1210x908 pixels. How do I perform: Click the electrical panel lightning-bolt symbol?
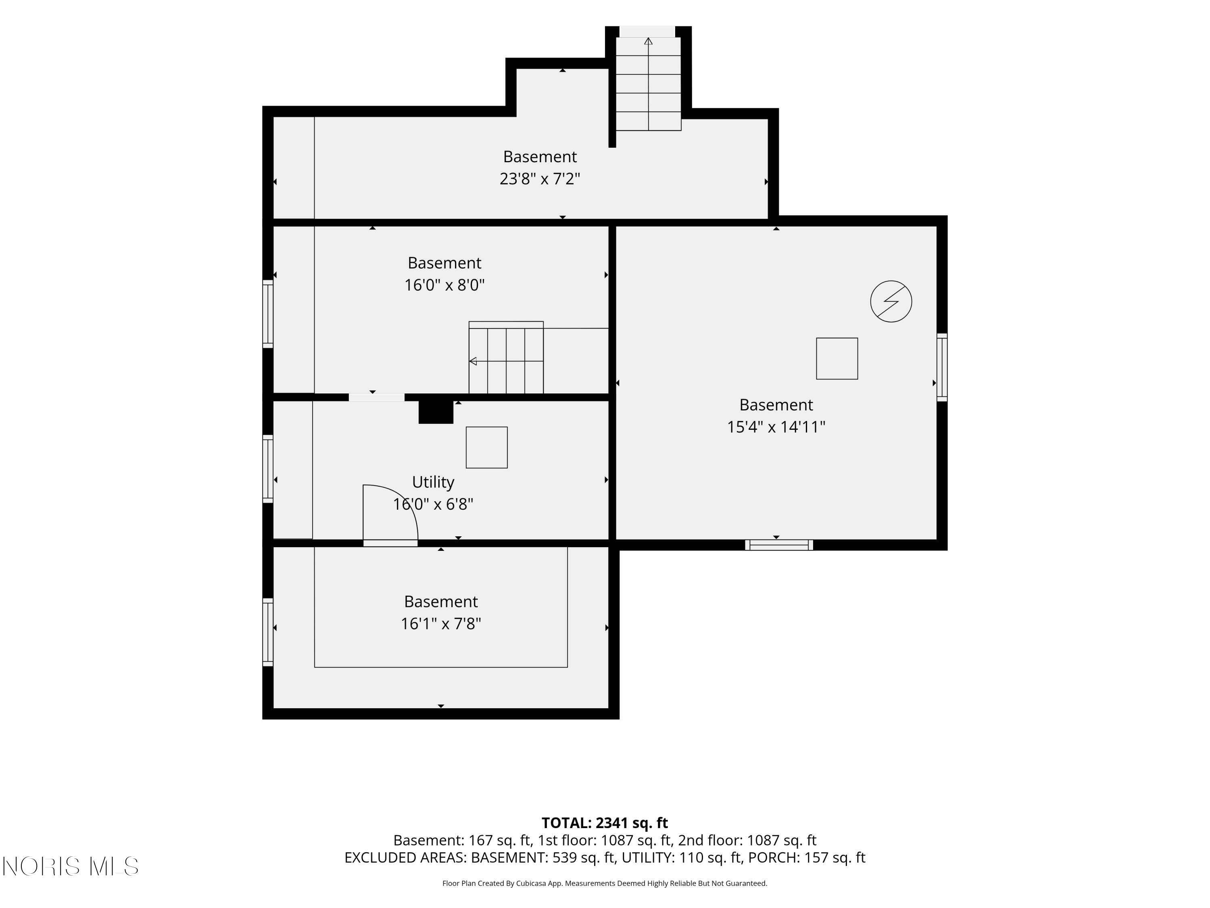pyautogui.click(x=891, y=301)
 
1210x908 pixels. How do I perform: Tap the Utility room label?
pyautogui.click(x=433, y=482)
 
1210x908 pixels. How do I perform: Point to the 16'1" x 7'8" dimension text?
pyautogui.click(x=440, y=624)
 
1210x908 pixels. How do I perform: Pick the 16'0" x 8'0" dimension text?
pyautogui.click(x=444, y=285)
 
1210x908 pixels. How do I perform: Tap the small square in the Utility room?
pyautogui.click(x=486, y=448)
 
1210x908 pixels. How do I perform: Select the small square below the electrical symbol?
pyautogui.click(x=837, y=358)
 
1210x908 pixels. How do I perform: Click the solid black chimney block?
pyautogui.click(x=436, y=412)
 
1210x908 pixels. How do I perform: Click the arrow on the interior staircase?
pyautogui.click(x=473, y=361)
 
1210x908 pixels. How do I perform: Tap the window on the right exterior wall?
pyautogui.click(x=942, y=367)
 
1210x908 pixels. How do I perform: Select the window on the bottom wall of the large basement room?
pyautogui.click(x=779, y=544)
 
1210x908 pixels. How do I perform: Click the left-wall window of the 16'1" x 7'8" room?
pyautogui.click(x=267, y=632)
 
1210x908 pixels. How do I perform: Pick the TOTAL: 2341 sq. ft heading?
pyautogui.click(x=605, y=823)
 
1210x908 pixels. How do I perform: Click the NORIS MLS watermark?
pyautogui.click(x=70, y=866)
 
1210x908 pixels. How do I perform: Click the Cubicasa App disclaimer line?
pyautogui.click(x=605, y=883)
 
